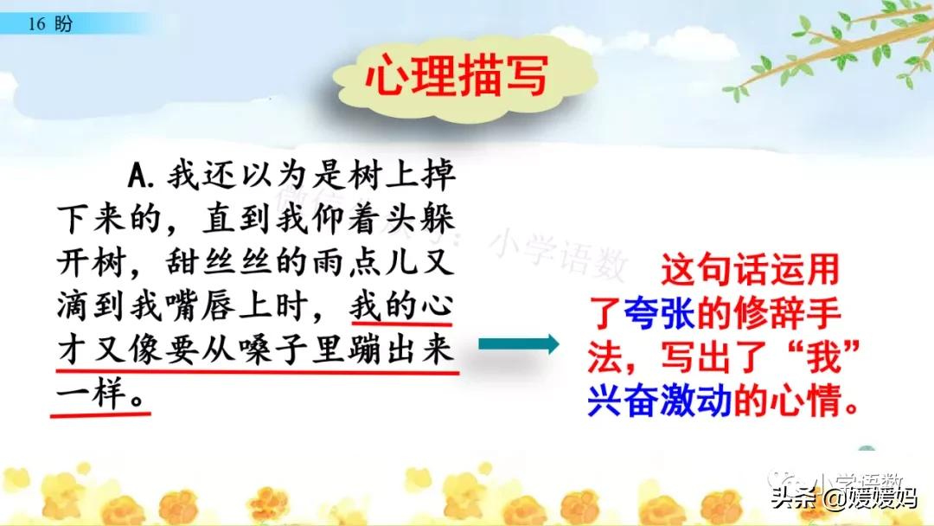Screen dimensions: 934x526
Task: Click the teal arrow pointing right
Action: click(x=518, y=343)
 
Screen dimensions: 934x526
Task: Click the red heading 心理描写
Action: click(x=457, y=75)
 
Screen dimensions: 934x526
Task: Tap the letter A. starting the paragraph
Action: click(x=141, y=175)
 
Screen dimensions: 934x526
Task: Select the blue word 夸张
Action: click(x=659, y=312)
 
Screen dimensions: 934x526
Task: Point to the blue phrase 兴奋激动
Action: click(x=659, y=401)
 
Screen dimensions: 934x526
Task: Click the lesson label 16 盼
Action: click(x=50, y=24)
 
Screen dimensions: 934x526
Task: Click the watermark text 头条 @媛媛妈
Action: click(x=844, y=498)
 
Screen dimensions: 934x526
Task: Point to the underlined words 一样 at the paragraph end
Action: click(x=93, y=394)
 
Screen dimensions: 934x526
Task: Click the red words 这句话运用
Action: click(x=750, y=269)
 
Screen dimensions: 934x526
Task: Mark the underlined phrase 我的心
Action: click(x=401, y=306)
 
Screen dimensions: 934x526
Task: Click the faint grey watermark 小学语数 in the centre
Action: click(x=559, y=253)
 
